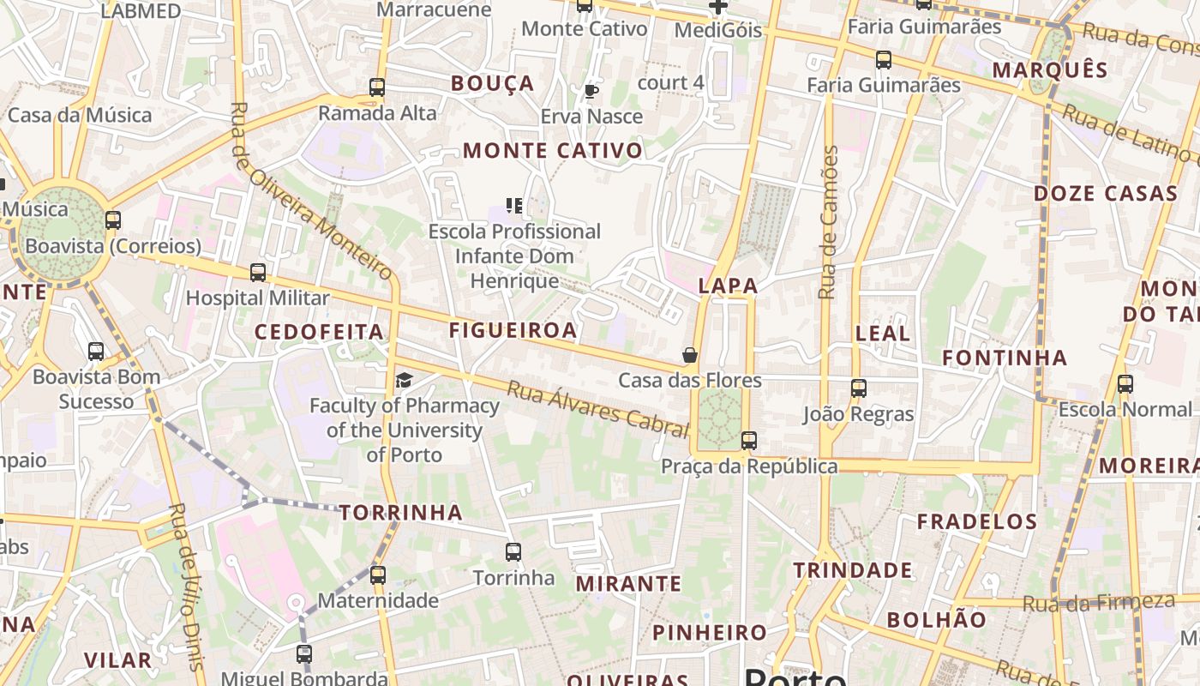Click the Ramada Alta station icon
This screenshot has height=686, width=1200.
point(377,87)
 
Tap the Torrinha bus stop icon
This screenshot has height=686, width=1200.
point(513,552)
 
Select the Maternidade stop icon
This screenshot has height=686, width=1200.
point(378,575)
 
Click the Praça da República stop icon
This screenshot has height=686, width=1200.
point(749,441)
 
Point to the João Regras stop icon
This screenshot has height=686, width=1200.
point(859,388)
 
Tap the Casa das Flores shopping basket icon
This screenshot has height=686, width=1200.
point(690,355)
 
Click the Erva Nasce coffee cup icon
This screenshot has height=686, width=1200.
point(591,91)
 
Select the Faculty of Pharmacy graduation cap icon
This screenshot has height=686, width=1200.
point(404,380)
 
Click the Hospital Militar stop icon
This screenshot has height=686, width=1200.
point(258,273)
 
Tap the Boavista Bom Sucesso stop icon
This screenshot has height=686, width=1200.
point(96,352)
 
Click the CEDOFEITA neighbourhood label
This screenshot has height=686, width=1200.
point(319,332)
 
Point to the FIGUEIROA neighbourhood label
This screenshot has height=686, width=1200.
point(513,330)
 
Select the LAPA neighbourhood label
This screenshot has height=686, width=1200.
point(728,286)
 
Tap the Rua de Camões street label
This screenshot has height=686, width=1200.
point(828,222)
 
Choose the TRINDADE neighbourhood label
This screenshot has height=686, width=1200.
point(852,570)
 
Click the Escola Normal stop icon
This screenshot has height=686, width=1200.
point(1125,384)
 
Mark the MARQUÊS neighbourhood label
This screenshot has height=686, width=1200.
point(1050,70)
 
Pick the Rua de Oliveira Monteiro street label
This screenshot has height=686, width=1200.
point(312,193)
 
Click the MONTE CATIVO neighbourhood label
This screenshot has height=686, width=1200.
point(553,151)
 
